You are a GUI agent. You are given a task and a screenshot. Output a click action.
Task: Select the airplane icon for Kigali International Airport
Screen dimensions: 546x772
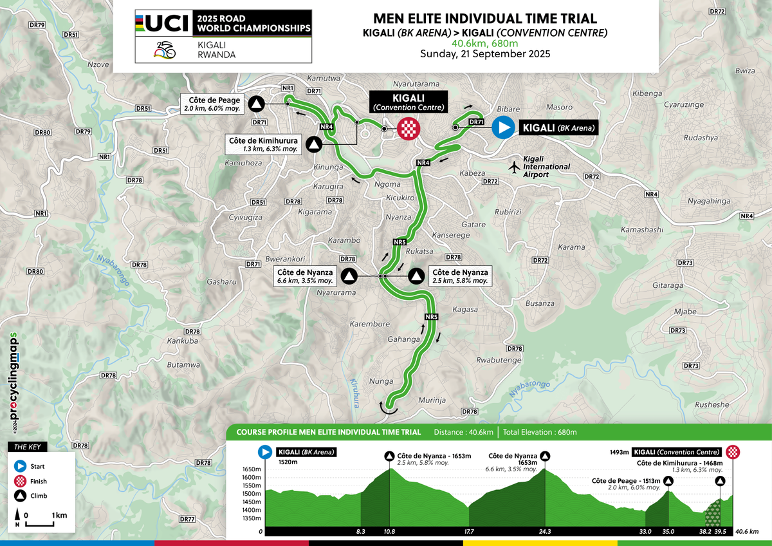point(514,167)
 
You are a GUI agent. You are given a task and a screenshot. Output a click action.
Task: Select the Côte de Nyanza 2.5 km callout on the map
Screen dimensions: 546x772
point(459,276)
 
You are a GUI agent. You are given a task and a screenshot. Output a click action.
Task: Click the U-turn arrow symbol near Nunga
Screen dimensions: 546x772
point(389,406)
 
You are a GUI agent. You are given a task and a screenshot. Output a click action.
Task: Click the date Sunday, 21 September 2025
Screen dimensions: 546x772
point(485,54)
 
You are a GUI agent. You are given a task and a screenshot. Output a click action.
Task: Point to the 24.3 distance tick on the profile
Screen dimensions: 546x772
point(545,531)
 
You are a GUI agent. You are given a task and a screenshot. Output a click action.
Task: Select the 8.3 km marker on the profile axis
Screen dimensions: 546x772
point(360,531)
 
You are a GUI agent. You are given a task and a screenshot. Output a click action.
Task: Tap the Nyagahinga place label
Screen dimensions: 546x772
point(708,201)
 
